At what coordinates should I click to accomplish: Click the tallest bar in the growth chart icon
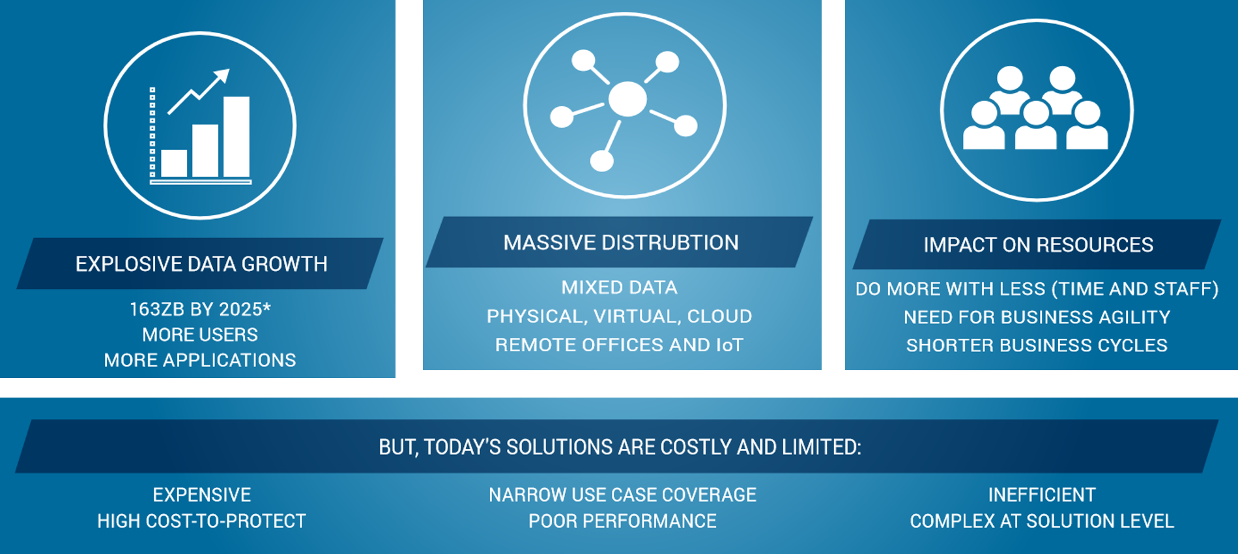236,137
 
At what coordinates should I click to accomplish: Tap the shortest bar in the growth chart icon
174,164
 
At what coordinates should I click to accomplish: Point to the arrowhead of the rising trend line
222,76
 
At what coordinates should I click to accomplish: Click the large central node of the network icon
627,99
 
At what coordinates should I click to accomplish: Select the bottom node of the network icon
601,160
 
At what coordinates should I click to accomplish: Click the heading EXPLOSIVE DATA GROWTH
201,264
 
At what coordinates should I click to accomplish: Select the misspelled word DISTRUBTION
670,242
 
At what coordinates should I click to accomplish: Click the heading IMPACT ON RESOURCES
1038,245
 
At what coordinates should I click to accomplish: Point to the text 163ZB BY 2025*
200,309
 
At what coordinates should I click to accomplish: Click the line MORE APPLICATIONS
200,360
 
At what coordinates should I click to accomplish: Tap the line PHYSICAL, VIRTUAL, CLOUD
619,317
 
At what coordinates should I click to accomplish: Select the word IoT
729,345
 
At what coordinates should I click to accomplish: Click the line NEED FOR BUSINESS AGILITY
1037,317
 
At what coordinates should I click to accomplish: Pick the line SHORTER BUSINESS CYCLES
1037,345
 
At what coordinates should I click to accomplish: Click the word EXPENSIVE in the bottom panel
202,495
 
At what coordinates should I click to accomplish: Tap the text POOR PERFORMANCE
622,521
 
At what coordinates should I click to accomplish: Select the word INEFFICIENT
1042,495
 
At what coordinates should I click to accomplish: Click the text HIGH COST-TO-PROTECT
201,521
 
